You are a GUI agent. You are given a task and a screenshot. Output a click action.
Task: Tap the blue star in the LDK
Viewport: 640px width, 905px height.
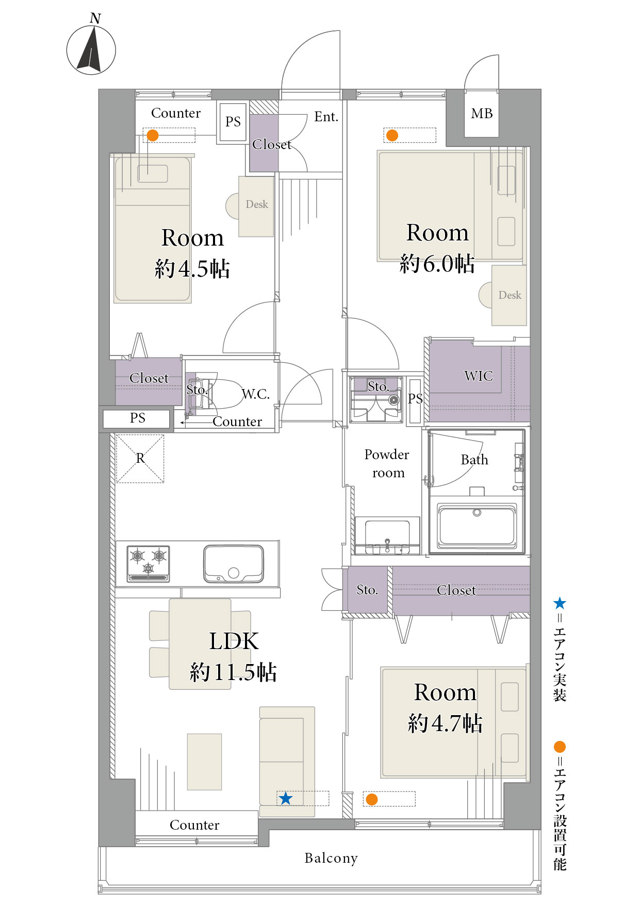click(286, 799)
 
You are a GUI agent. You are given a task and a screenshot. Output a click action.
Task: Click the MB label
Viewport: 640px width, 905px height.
click(482, 114)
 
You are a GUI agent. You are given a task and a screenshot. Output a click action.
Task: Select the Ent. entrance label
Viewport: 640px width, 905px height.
click(326, 117)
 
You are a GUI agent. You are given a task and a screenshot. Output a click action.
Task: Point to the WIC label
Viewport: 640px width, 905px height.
click(479, 376)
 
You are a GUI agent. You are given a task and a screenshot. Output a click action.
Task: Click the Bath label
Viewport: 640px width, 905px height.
click(474, 460)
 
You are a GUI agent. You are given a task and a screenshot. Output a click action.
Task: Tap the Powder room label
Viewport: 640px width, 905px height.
click(387, 463)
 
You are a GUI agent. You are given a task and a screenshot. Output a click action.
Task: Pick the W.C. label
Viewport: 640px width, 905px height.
click(256, 394)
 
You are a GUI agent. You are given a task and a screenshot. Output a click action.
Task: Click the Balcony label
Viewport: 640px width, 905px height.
click(331, 858)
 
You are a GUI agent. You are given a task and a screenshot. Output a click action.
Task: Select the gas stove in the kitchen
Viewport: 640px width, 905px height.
click(149, 563)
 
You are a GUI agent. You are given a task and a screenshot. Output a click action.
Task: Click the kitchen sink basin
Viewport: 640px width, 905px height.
click(234, 563)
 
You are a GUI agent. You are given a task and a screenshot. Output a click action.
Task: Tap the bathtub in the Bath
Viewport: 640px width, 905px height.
click(477, 526)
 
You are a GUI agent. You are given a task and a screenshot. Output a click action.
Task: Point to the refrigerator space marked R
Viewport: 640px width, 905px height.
click(140, 459)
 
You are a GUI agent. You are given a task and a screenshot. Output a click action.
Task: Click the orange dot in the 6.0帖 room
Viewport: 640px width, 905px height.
click(392, 135)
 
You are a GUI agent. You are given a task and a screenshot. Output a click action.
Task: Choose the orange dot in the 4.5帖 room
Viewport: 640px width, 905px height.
click(153, 135)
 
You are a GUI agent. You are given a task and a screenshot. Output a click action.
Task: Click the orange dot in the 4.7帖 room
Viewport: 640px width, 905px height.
click(372, 799)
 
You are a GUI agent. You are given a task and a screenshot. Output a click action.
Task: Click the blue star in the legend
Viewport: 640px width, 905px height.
click(560, 603)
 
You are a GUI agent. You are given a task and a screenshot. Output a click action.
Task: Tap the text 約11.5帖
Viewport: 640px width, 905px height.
click(234, 672)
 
